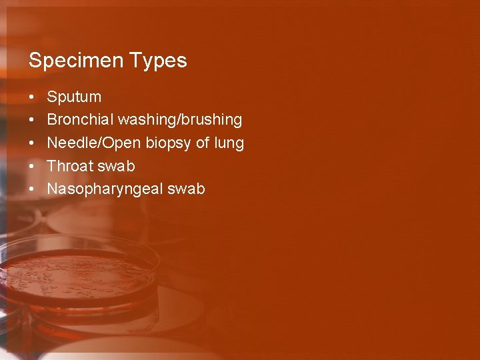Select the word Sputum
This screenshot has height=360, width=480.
[74, 97]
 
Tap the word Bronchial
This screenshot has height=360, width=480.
[80, 120]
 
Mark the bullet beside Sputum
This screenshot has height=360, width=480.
[32, 97]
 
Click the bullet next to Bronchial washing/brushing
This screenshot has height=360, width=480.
[32, 120]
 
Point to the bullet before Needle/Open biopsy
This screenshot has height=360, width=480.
[32, 143]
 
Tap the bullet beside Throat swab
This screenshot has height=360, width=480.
[32, 165]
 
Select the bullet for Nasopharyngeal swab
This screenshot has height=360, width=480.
[32, 189]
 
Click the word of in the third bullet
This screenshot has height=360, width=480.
[203, 143]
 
